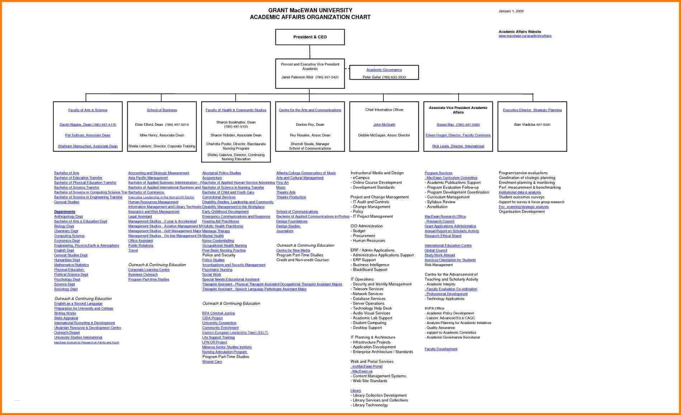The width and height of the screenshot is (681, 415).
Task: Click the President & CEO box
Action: tap(310, 37)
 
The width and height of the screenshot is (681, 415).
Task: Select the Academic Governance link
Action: tap(384, 70)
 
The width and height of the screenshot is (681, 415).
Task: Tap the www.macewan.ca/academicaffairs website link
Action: tap(525, 36)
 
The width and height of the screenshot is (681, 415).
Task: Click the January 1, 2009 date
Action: tap(511, 11)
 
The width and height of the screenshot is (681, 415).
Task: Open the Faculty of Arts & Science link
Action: tap(88, 110)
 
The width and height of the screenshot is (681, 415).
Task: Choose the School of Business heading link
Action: tap(161, 110)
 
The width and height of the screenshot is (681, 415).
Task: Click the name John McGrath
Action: tap(384, 125)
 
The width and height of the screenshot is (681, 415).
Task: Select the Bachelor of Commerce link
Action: tap(146, 192)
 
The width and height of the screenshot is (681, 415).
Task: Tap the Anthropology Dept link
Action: tap(68, 217)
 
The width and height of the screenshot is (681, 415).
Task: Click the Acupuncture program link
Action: tap(212, 178)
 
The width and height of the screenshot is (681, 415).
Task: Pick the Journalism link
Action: tap(285, 231)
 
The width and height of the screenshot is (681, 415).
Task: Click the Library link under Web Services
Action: tap(355, 391)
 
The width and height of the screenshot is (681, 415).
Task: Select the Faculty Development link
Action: tap(441, 349)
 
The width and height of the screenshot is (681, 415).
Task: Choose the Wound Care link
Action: tap(212, 362)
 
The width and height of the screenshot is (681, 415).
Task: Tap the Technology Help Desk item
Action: tap(372, 308)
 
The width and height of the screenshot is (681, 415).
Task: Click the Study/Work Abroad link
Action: tap(439, 255)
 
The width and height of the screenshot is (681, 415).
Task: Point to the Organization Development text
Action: tap(521, 212)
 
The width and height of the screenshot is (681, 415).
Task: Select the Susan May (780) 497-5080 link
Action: tap(458, 125)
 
